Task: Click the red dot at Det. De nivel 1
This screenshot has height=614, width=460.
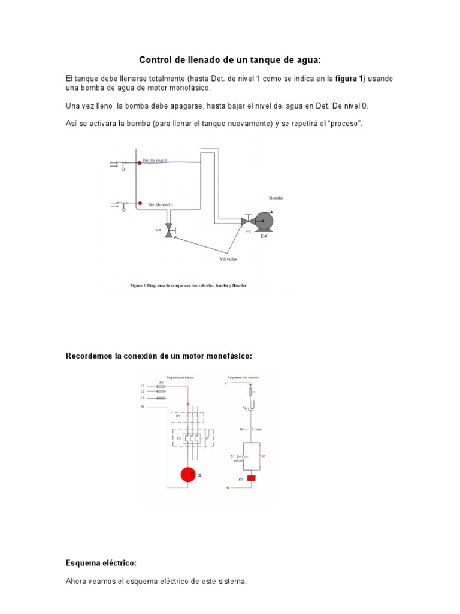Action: tap(139, 162)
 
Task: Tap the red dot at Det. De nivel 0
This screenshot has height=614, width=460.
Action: tap(139, 204)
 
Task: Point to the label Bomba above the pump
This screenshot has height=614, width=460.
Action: tap(276, 197)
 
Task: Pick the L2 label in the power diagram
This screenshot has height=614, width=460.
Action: tap(143, 392)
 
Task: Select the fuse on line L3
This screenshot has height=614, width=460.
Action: tap(161, 398)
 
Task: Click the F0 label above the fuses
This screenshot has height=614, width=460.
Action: tap(161, 381)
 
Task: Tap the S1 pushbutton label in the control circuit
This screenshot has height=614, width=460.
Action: tap(232, 456)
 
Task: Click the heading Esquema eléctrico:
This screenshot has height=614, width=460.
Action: tap(101, 563)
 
